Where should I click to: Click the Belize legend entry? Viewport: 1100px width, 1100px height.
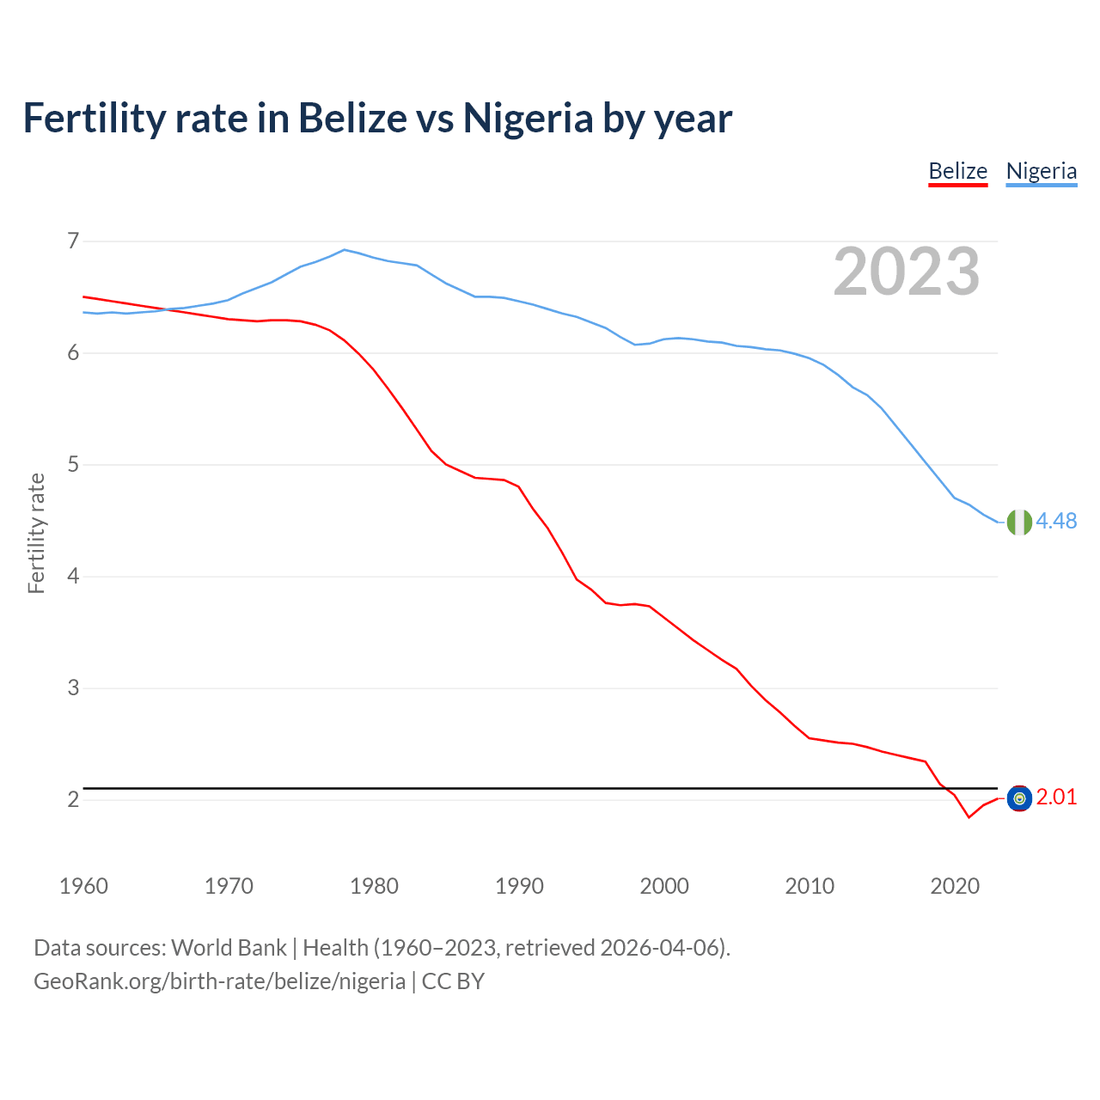click(957, 171)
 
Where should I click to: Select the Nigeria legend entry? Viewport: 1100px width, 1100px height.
click(1041, 171)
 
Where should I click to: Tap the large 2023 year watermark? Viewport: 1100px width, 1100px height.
click(906, 272)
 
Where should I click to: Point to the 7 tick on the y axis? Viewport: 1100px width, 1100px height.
click(73, 241)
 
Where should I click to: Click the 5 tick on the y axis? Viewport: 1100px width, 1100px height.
click(73, 465)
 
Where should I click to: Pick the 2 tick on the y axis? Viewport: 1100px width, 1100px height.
click(73, 800)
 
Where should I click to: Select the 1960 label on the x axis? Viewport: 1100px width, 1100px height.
click(83, 886)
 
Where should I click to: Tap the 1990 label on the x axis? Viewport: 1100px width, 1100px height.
click(519, 886)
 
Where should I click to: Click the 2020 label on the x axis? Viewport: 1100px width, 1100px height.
click(955, 886)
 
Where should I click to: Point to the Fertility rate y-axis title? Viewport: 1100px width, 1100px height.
click(36, 533)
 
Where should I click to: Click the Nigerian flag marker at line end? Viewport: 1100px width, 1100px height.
click(1019, 522)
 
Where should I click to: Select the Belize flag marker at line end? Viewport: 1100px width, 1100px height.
click(1019, 798)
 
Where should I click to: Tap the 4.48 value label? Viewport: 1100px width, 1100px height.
click(1056, 522)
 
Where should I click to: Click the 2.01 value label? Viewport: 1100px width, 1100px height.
click(1056, 797)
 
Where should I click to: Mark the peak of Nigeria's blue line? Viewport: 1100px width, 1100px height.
click(345, 250)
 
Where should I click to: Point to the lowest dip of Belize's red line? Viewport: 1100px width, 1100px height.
click(969, 816)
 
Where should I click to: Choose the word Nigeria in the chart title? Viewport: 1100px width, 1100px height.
click(528, 118)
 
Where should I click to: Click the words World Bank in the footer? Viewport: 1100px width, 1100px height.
click(229, 948)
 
